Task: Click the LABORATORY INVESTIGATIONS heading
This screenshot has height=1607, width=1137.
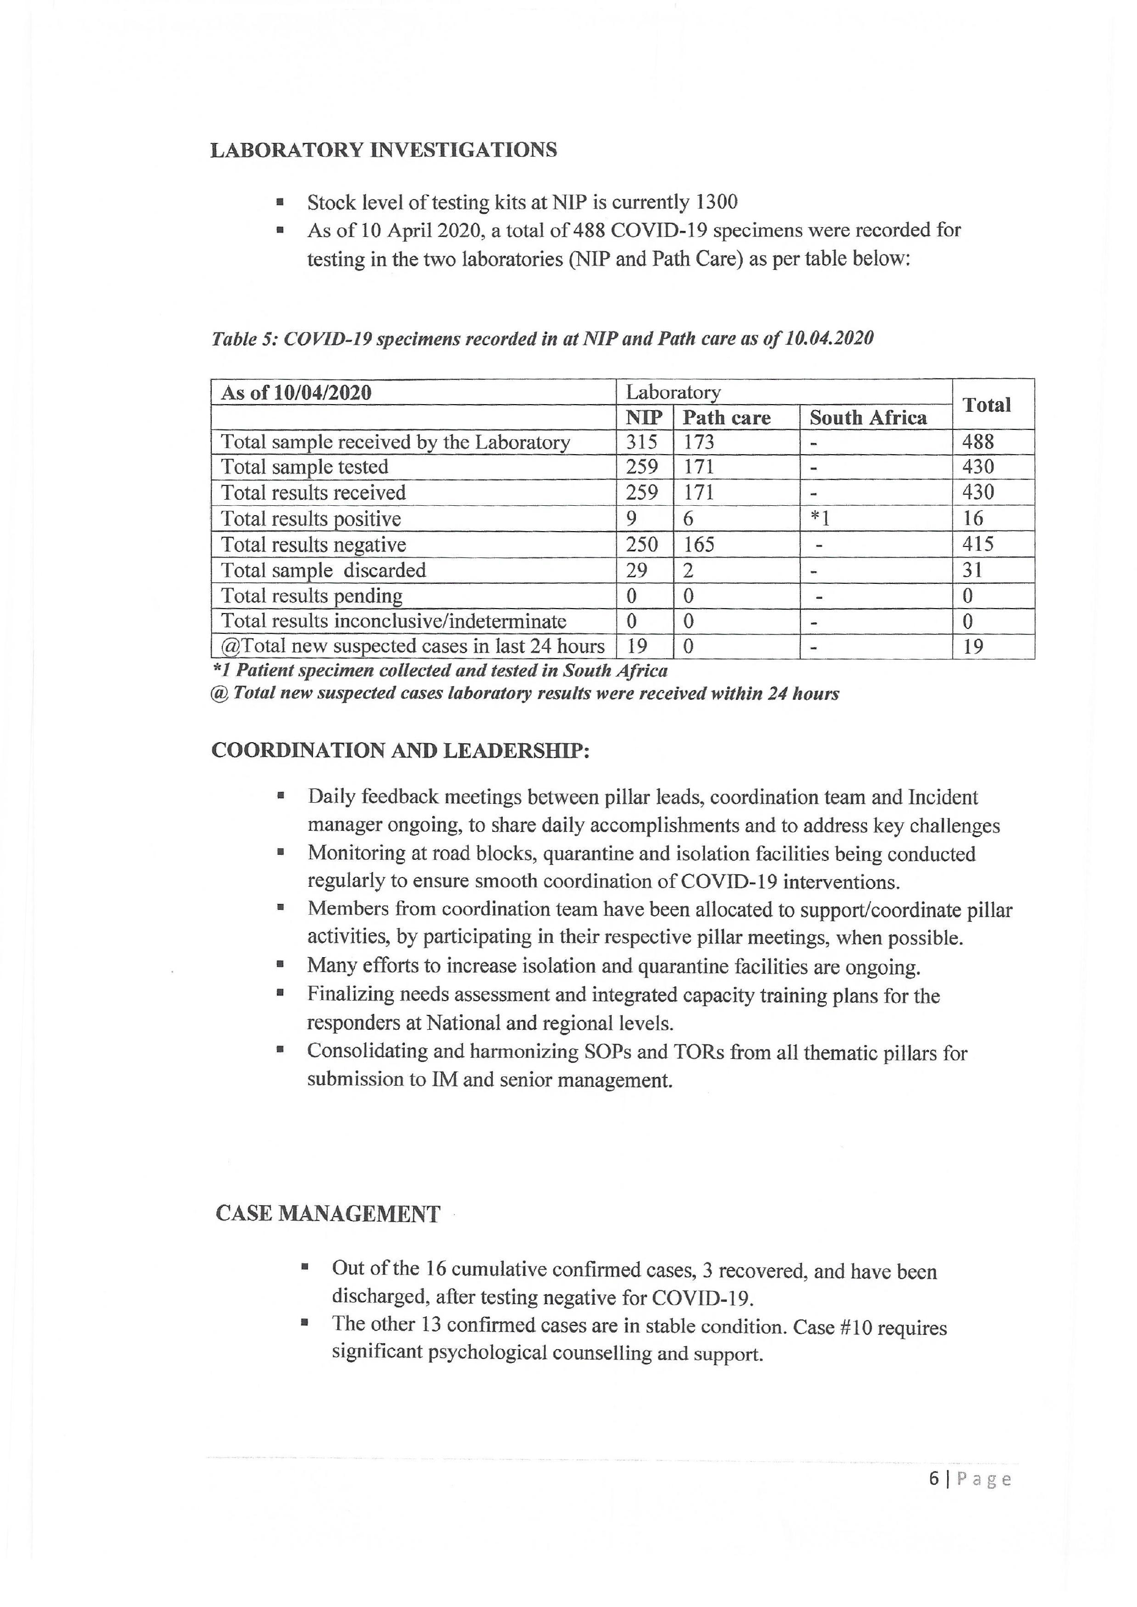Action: click(383, 150)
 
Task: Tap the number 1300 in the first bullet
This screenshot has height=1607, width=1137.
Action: click(716, 202)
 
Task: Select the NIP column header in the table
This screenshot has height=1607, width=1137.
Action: click(644, 418)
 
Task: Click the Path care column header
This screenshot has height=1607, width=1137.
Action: click(726, 418)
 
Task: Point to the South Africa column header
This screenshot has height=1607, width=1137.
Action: click(868, 418)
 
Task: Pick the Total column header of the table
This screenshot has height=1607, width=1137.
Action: click(986, 405)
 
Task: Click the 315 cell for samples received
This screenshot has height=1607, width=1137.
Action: click(641, 443)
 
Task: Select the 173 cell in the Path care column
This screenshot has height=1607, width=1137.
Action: click(699, 443)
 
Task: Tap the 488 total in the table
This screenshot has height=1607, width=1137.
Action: click(978, 443)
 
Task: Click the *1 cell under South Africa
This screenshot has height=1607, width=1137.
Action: click(819, 518)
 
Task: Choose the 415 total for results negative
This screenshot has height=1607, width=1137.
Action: click(978, 544)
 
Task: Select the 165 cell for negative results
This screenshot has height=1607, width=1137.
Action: click(699, 544)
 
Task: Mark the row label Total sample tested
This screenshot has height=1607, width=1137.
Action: click(305, 467)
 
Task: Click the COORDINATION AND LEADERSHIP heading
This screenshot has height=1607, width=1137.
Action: click(400, 750)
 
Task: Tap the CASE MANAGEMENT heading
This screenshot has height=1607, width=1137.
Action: click(328, 1214)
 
